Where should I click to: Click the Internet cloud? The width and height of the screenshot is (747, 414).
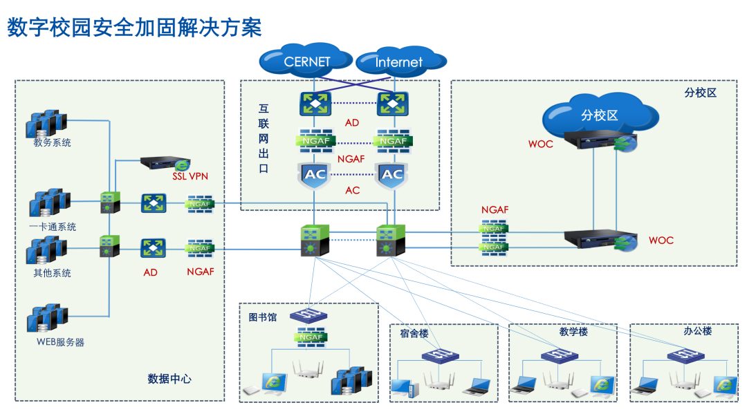[398, 62]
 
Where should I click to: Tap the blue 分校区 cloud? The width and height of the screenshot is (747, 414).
[599, 115]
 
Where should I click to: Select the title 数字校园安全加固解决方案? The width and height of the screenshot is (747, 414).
[134, 28]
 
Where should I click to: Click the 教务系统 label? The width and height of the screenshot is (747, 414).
[52, 143]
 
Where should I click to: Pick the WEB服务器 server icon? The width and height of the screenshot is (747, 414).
[47, 319]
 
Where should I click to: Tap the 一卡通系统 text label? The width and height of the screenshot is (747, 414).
[53, 227]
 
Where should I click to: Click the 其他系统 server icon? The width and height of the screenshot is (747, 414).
[47, 250]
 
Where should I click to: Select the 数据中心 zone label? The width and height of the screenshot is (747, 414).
[169, 379]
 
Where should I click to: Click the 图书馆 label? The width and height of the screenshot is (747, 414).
[263, 317]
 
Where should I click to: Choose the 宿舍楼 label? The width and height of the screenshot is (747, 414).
[414, 333]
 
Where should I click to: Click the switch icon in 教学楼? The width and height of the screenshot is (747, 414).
[560, 356]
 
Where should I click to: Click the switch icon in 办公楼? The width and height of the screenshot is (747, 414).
[685, 356]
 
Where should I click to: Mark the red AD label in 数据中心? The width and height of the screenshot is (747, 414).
[150, 272]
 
